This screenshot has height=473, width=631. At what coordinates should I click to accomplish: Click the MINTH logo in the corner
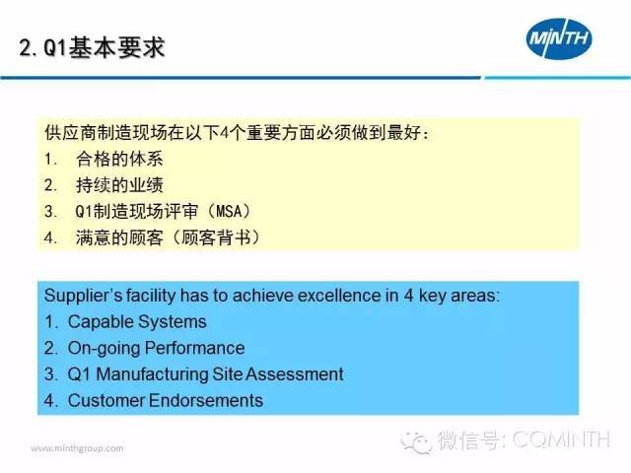point(559,38)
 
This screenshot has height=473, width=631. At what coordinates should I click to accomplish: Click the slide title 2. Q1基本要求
point(92,48)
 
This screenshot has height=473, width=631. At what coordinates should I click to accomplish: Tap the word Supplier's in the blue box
point(83,296)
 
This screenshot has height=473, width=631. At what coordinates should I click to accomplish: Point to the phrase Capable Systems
point(137,322)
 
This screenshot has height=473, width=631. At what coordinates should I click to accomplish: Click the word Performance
point(195,348)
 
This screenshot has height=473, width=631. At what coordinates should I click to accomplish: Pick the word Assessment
point(295,374)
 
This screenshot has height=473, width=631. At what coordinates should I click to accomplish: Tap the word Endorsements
point(206,401)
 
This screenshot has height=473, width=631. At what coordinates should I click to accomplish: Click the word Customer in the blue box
point(106,401)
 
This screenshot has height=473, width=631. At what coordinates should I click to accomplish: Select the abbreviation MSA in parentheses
point(229,211)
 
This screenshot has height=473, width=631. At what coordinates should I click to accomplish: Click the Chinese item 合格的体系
point(119,159)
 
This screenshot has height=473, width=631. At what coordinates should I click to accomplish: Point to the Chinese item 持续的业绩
point(119,185)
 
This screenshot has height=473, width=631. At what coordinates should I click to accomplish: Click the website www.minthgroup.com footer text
point(77,448)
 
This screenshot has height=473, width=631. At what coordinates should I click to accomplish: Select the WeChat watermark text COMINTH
point(562,439)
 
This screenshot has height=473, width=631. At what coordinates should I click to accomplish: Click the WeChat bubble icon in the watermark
point(416,441)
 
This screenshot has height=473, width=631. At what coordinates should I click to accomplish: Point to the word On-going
point(105,348)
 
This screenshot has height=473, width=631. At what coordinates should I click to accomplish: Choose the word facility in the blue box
point(151,296)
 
